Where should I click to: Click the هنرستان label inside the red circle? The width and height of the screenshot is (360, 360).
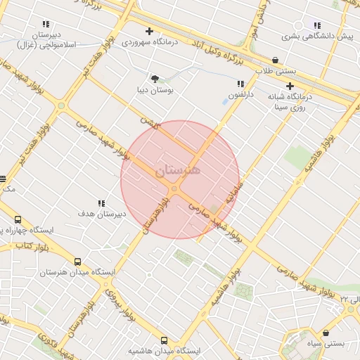tap(177, 170)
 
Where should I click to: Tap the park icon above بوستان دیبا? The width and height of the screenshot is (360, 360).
tap(155, 79)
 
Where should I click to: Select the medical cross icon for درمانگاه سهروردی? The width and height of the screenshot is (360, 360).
tap(149, 31)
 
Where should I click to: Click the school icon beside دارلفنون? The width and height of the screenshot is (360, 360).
tap(240, 84)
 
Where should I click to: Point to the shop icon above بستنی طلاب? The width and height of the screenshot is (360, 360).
tap(275, 60)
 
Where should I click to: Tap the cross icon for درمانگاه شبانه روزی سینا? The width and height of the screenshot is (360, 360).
tap(290, 86)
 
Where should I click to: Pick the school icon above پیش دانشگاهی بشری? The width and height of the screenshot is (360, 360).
tap(318, 25)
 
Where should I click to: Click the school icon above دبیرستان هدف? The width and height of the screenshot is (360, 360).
tap(101, 202)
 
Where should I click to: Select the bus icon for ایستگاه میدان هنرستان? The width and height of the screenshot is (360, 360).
tap(77, 262)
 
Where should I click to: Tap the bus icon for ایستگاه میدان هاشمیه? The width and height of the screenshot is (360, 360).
tap(165, 340)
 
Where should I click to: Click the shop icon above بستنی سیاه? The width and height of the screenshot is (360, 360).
tap(326, 333)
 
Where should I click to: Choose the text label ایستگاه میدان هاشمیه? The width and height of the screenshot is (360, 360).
tap(165, 350)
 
